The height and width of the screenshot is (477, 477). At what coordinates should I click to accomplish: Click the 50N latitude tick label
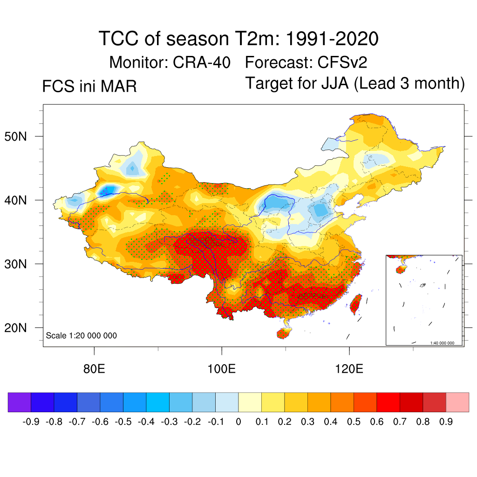point(20,136)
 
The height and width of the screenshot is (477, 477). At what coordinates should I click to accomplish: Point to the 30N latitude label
point(20,264)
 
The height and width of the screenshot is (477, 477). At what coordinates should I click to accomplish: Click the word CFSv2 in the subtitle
point(345,62)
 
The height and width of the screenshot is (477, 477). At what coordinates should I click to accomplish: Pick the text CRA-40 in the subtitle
point(202,62)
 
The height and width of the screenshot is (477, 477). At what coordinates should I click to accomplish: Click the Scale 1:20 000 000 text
point(82,336)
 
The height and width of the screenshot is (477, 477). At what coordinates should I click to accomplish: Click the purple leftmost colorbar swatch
point(20,402)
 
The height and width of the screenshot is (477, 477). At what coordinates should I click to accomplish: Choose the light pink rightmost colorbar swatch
point(457,402)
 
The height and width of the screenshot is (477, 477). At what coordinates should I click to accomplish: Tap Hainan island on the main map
point(283,333)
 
